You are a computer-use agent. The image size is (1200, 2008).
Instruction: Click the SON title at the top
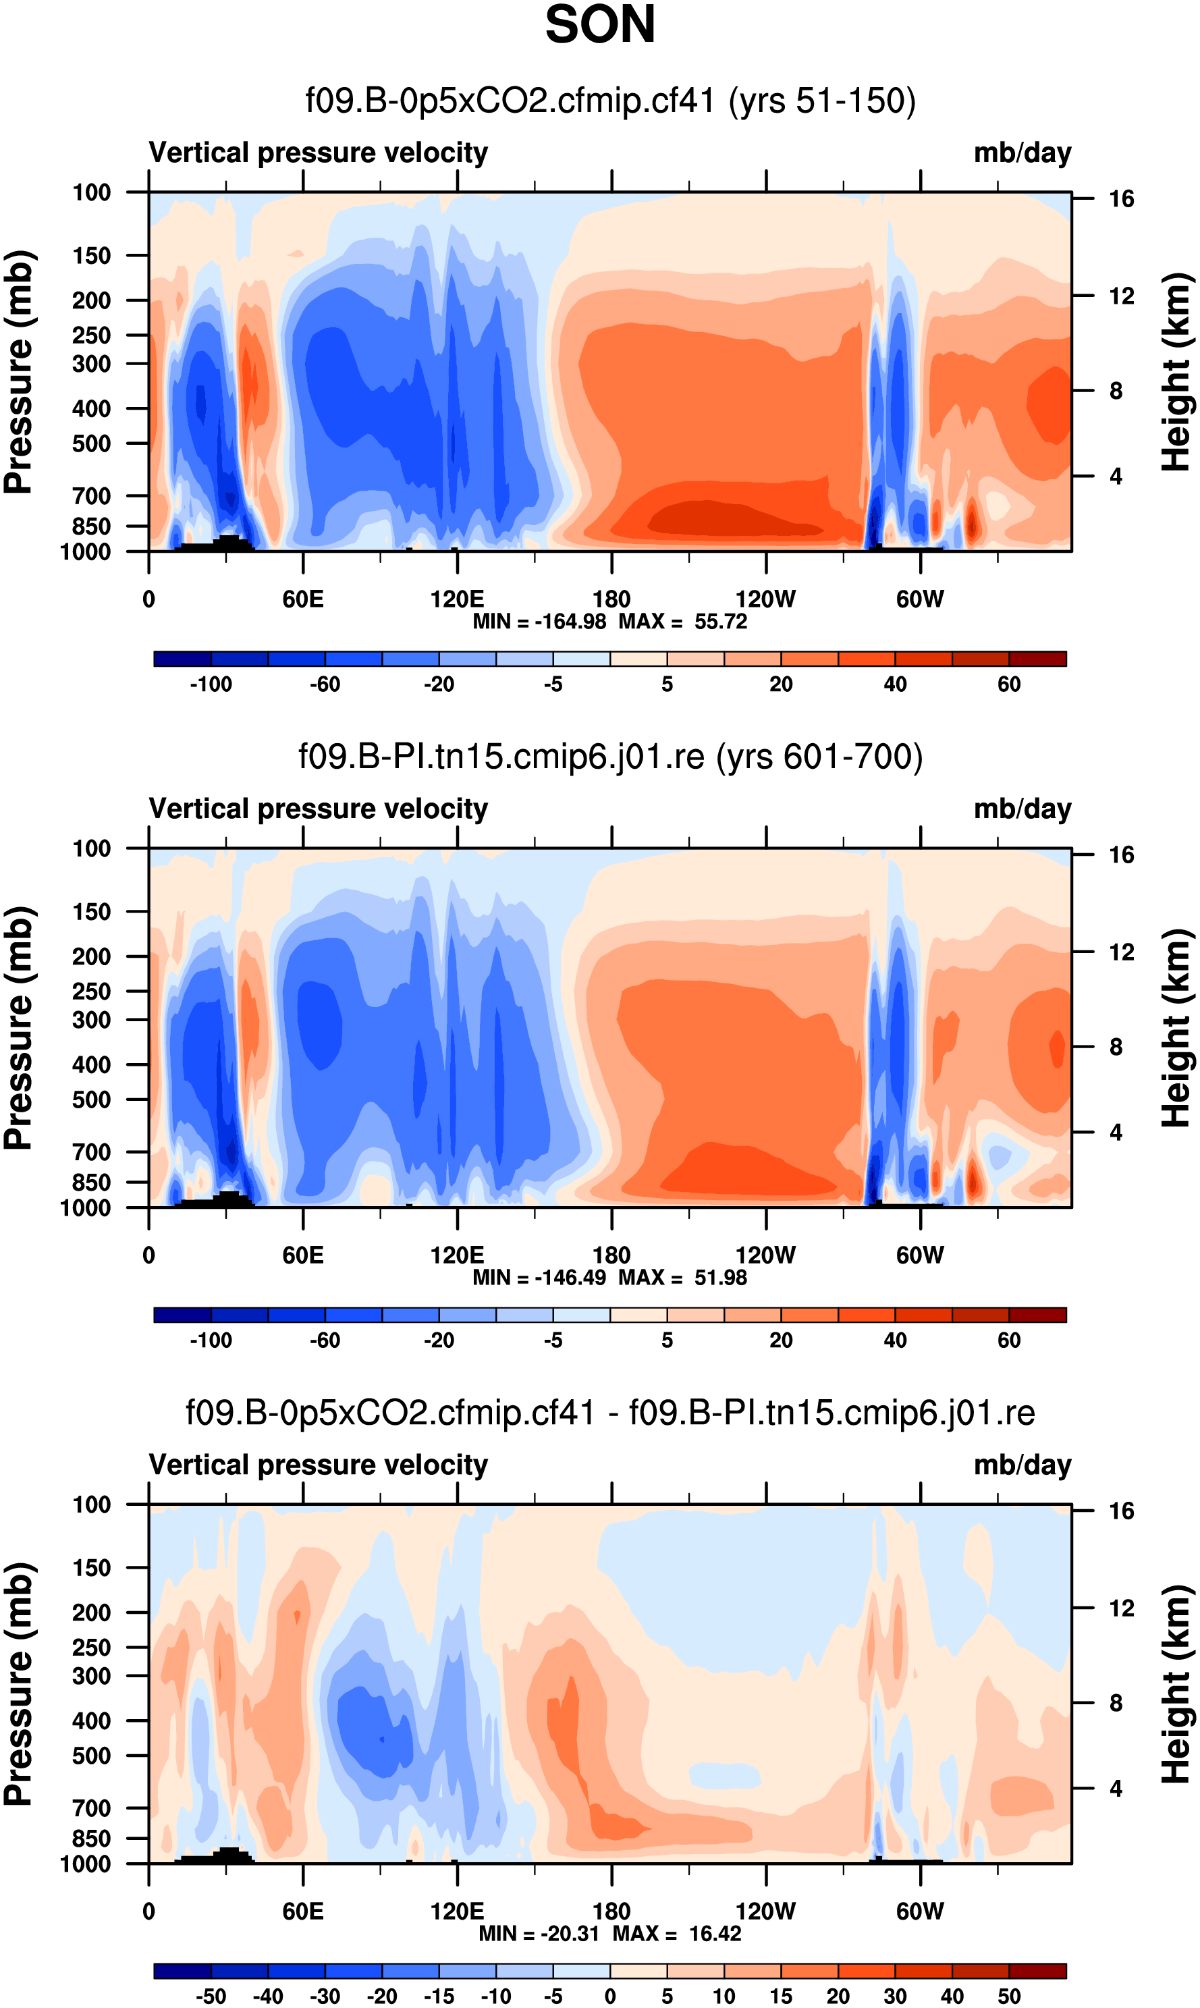pos(600,25)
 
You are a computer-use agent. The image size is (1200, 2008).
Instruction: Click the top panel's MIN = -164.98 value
pos(539,622)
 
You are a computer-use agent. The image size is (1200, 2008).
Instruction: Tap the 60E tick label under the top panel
pos(302,599)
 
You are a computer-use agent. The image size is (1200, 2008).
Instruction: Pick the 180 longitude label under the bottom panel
pos(611,1911)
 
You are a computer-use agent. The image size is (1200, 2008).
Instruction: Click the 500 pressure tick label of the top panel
pos(91,444)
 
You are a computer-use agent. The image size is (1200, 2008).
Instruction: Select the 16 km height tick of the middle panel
pos(1121,854)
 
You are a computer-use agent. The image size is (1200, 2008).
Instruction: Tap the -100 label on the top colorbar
pos(211,684)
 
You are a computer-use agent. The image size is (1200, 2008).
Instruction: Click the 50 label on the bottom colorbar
pos(1008,1996)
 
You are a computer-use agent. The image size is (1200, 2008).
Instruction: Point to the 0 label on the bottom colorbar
pos(611,1996)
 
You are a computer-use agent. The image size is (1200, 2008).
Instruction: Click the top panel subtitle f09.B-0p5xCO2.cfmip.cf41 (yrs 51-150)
pos(611,101)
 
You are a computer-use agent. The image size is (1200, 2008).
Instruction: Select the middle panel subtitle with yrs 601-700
pos(611,757)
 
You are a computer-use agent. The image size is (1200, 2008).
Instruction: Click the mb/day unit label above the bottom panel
pos(1022,1465)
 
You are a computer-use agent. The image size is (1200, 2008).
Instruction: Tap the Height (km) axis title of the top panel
pos(1176,372)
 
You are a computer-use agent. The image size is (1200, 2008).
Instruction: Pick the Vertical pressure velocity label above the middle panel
pos(319,809)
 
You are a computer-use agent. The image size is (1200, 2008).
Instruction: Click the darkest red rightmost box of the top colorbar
pos(1037,659)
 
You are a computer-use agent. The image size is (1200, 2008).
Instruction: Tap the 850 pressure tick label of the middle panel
pos(91,1183)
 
